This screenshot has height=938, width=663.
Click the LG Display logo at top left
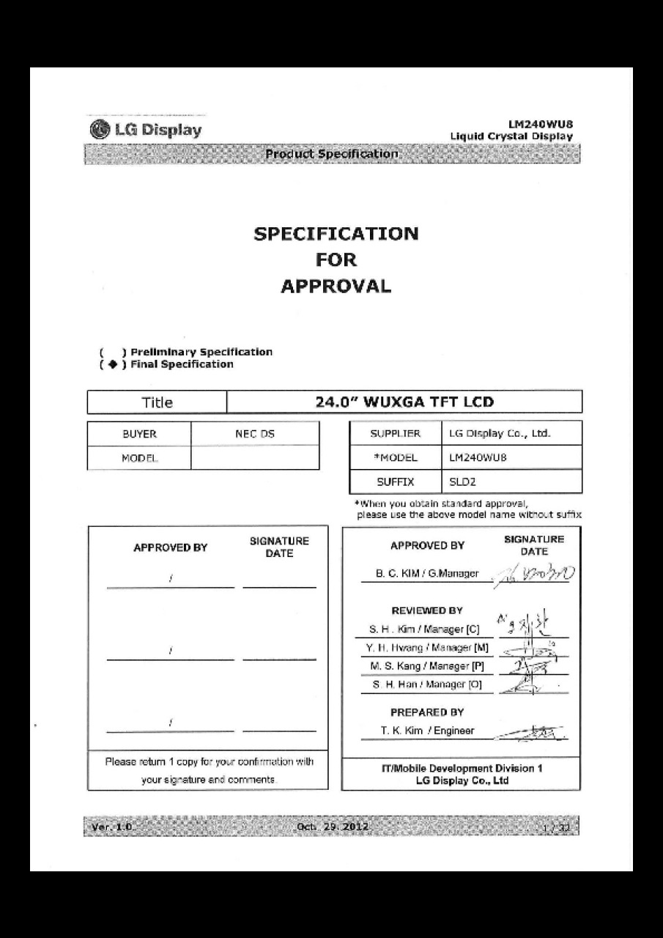(146, 130)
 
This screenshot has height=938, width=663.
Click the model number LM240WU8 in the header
(540, 125)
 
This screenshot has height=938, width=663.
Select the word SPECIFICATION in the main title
(336, 234)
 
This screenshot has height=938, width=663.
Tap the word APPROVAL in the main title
(336, 287)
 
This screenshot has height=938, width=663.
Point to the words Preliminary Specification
(201, 352)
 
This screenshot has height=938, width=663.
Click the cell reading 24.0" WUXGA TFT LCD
(404, 402)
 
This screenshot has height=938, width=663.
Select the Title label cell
(157, 402)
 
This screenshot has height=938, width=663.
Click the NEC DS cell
(254, 434)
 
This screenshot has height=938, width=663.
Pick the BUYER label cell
(139, 434)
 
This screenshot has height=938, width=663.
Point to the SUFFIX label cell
(395, 481)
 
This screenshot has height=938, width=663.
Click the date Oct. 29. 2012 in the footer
(332, 827)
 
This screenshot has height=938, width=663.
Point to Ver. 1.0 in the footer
(109, 827)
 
